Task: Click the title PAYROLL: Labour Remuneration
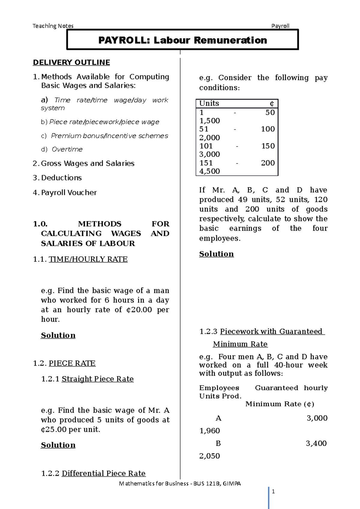pyautogui.click(x=182, y=40)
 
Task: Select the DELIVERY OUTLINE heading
pyautogui.click(x=71, y=62)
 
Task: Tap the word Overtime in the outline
pyautogui.click(x=67, y=149)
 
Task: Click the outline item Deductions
pyautogui.click(x=61, y=178)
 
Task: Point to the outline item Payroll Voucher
pyautogui.click(x=69, y=192)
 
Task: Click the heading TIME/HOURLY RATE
pyautogui.click(x=88, y=259)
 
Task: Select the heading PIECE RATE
pyautogui.click(x=72, y=363)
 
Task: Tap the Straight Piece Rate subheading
pyautogui.click(x=97, y=379)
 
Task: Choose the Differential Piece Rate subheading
pyautogui.click(x=103, y=473)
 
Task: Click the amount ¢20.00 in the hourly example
pyautogui.click(x=139, y=310)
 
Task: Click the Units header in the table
pyautogui.click(x=209, y=103)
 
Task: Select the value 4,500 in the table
pyautogui.click(x=209, y=171)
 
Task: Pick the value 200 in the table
pyautogui.click(x=268, y=163)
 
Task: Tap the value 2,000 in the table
pyautogui.click(x=209, y=138)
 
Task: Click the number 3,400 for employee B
pyautogui.click(x=316, y=443)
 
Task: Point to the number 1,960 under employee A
pyautogui.click(x=209, y=431)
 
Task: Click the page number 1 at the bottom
pyautogui.click(x=273, y=491)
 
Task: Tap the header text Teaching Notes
pyautogui.click(x=53, y=26)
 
